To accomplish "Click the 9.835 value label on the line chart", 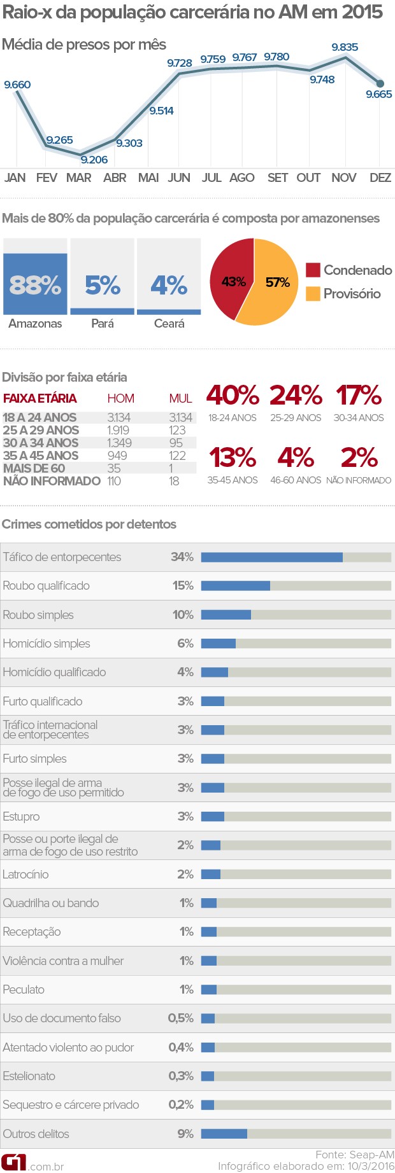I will pyautogui.click(x=345, y=47).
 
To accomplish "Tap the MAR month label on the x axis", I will pyautogui.click(x=79, y=178).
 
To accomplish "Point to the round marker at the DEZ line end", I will pyautogui.click(x=380, y=83).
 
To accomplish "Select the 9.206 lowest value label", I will pyautogui.click(x=94, y=160).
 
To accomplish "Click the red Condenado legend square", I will pyautogui.click(x=313, y=270).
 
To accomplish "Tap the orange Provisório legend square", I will pyautogui.click(x=313, y=293).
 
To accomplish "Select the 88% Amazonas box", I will pyautogui.click(x=35, y=284).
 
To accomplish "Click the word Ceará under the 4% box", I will pyautogui.click(x=169, y=324).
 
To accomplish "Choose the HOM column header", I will pyautogui.click(x=120, y=399).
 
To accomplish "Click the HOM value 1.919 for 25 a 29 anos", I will pyautogui.click(x=118, y=431).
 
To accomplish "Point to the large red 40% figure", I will pyautogui.click(x=233, y=396).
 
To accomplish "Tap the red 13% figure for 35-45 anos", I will pyautogui.click(x=233, y=457).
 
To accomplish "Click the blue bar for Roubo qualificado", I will pyautogui.click(x=235, y=586).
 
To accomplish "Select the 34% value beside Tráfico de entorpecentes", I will pyautogui.click(x=182, y=557).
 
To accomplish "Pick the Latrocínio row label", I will pyautogui.click(x=25, y=875).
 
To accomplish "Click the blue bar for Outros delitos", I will pyautogui.click(x=224, y=1134).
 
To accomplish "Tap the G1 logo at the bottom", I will pyautogui.click(x=13, y=1162).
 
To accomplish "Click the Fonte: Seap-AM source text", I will pyautogui.click(x=355, y=1155).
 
